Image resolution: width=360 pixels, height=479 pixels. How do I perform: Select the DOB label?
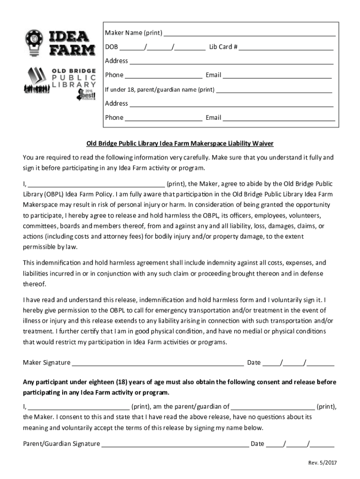click(x=112, y=47)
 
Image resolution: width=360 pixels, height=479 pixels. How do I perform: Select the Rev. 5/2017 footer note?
click(x=322, y=463)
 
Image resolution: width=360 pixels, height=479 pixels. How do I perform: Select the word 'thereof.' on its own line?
click(x=35, y=283)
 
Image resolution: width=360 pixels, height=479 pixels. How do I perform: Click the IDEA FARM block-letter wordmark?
click(x=69, y=43)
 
